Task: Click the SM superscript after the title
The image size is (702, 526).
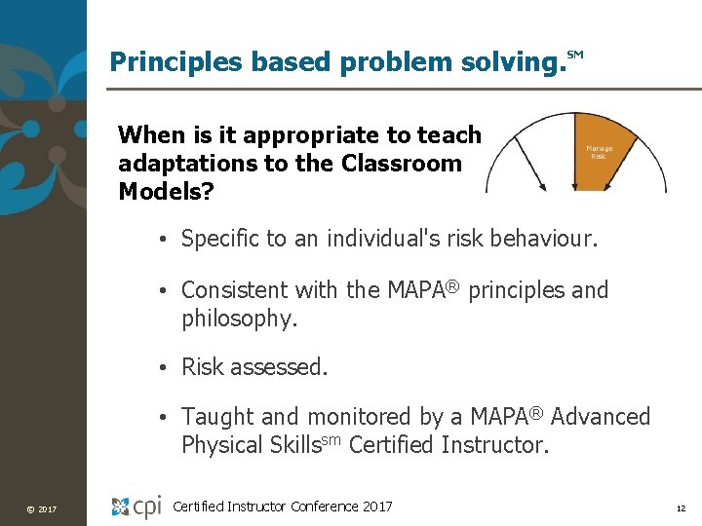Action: [x=574, y=56]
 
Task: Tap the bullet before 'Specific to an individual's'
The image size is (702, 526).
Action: [x=168, y=238]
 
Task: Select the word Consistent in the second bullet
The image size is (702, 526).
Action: [x=233, y=290]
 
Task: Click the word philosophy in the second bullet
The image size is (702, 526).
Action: [x=237, y=319]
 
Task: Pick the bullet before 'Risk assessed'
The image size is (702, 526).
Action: [x=168, y=367]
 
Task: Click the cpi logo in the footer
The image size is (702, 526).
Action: [x=136, y=506]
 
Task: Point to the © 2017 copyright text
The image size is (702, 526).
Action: [x=43, y=508]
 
